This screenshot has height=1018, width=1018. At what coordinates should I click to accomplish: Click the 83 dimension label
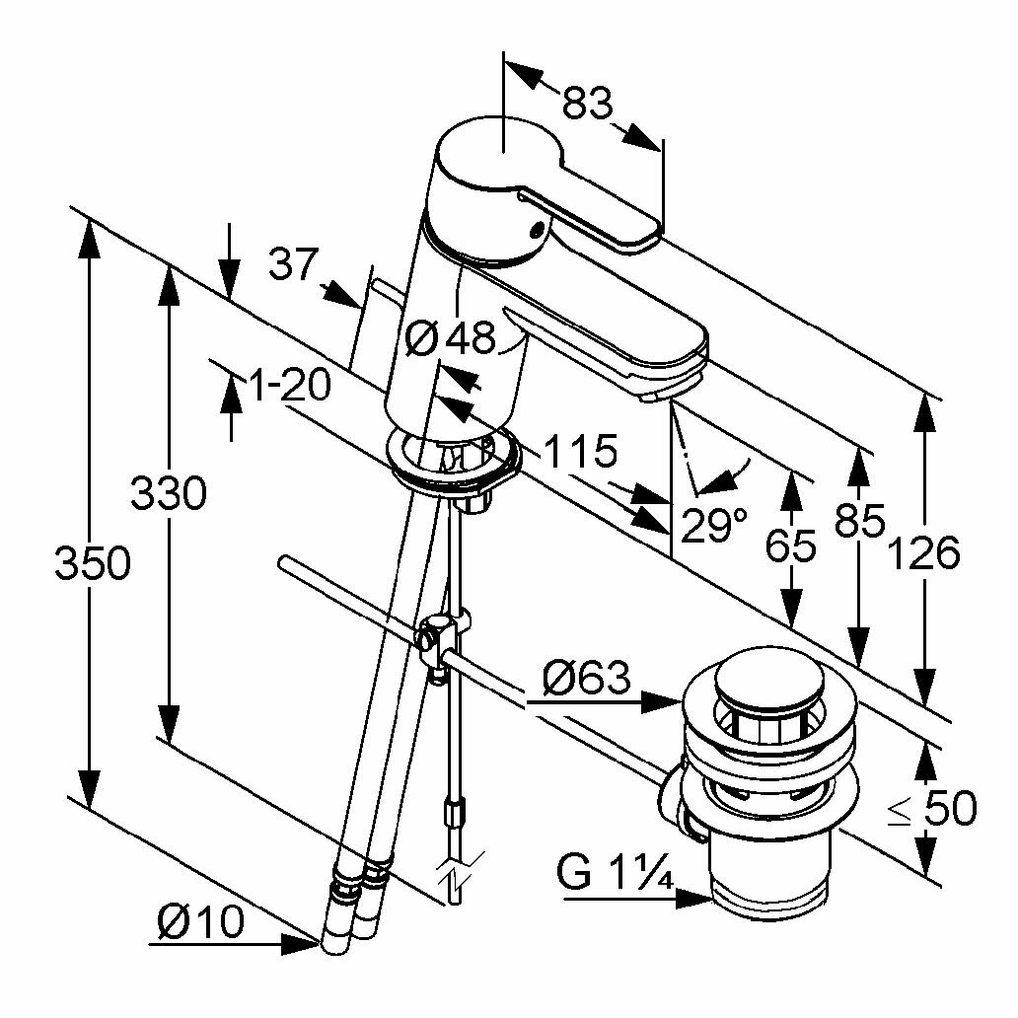589,102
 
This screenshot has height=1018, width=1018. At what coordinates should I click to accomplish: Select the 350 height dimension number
92,564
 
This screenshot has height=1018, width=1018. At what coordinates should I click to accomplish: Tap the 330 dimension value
169,492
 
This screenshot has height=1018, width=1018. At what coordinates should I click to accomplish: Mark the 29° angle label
712,525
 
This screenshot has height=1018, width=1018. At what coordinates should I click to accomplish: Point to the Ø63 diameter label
586,678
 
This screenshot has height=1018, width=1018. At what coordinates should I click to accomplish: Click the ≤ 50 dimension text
931,809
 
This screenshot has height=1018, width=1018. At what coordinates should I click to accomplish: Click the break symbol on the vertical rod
455,872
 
